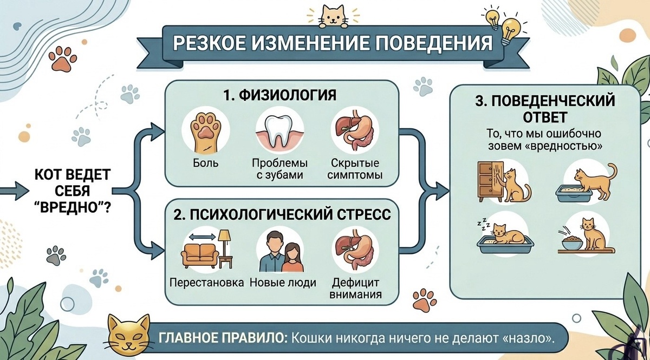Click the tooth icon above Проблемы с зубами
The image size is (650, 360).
pyautogui.click(x=279, y=133)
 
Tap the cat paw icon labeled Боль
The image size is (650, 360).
pyautogui.click(x=205, y=133)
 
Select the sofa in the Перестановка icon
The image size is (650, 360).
pyautogui.click(x=200, y=256)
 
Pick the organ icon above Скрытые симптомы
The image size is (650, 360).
pyautogui.click(x=355, y=130)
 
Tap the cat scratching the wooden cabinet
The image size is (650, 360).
pyautogui.click(x=517, y=186)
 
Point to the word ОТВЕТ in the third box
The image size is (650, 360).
pyautogui.click(x=545, y=117)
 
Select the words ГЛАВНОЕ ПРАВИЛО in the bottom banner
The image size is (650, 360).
pyautogui.click(x=223, y=338)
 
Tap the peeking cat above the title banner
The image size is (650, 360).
pyautogui.click(x=333, y=17)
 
